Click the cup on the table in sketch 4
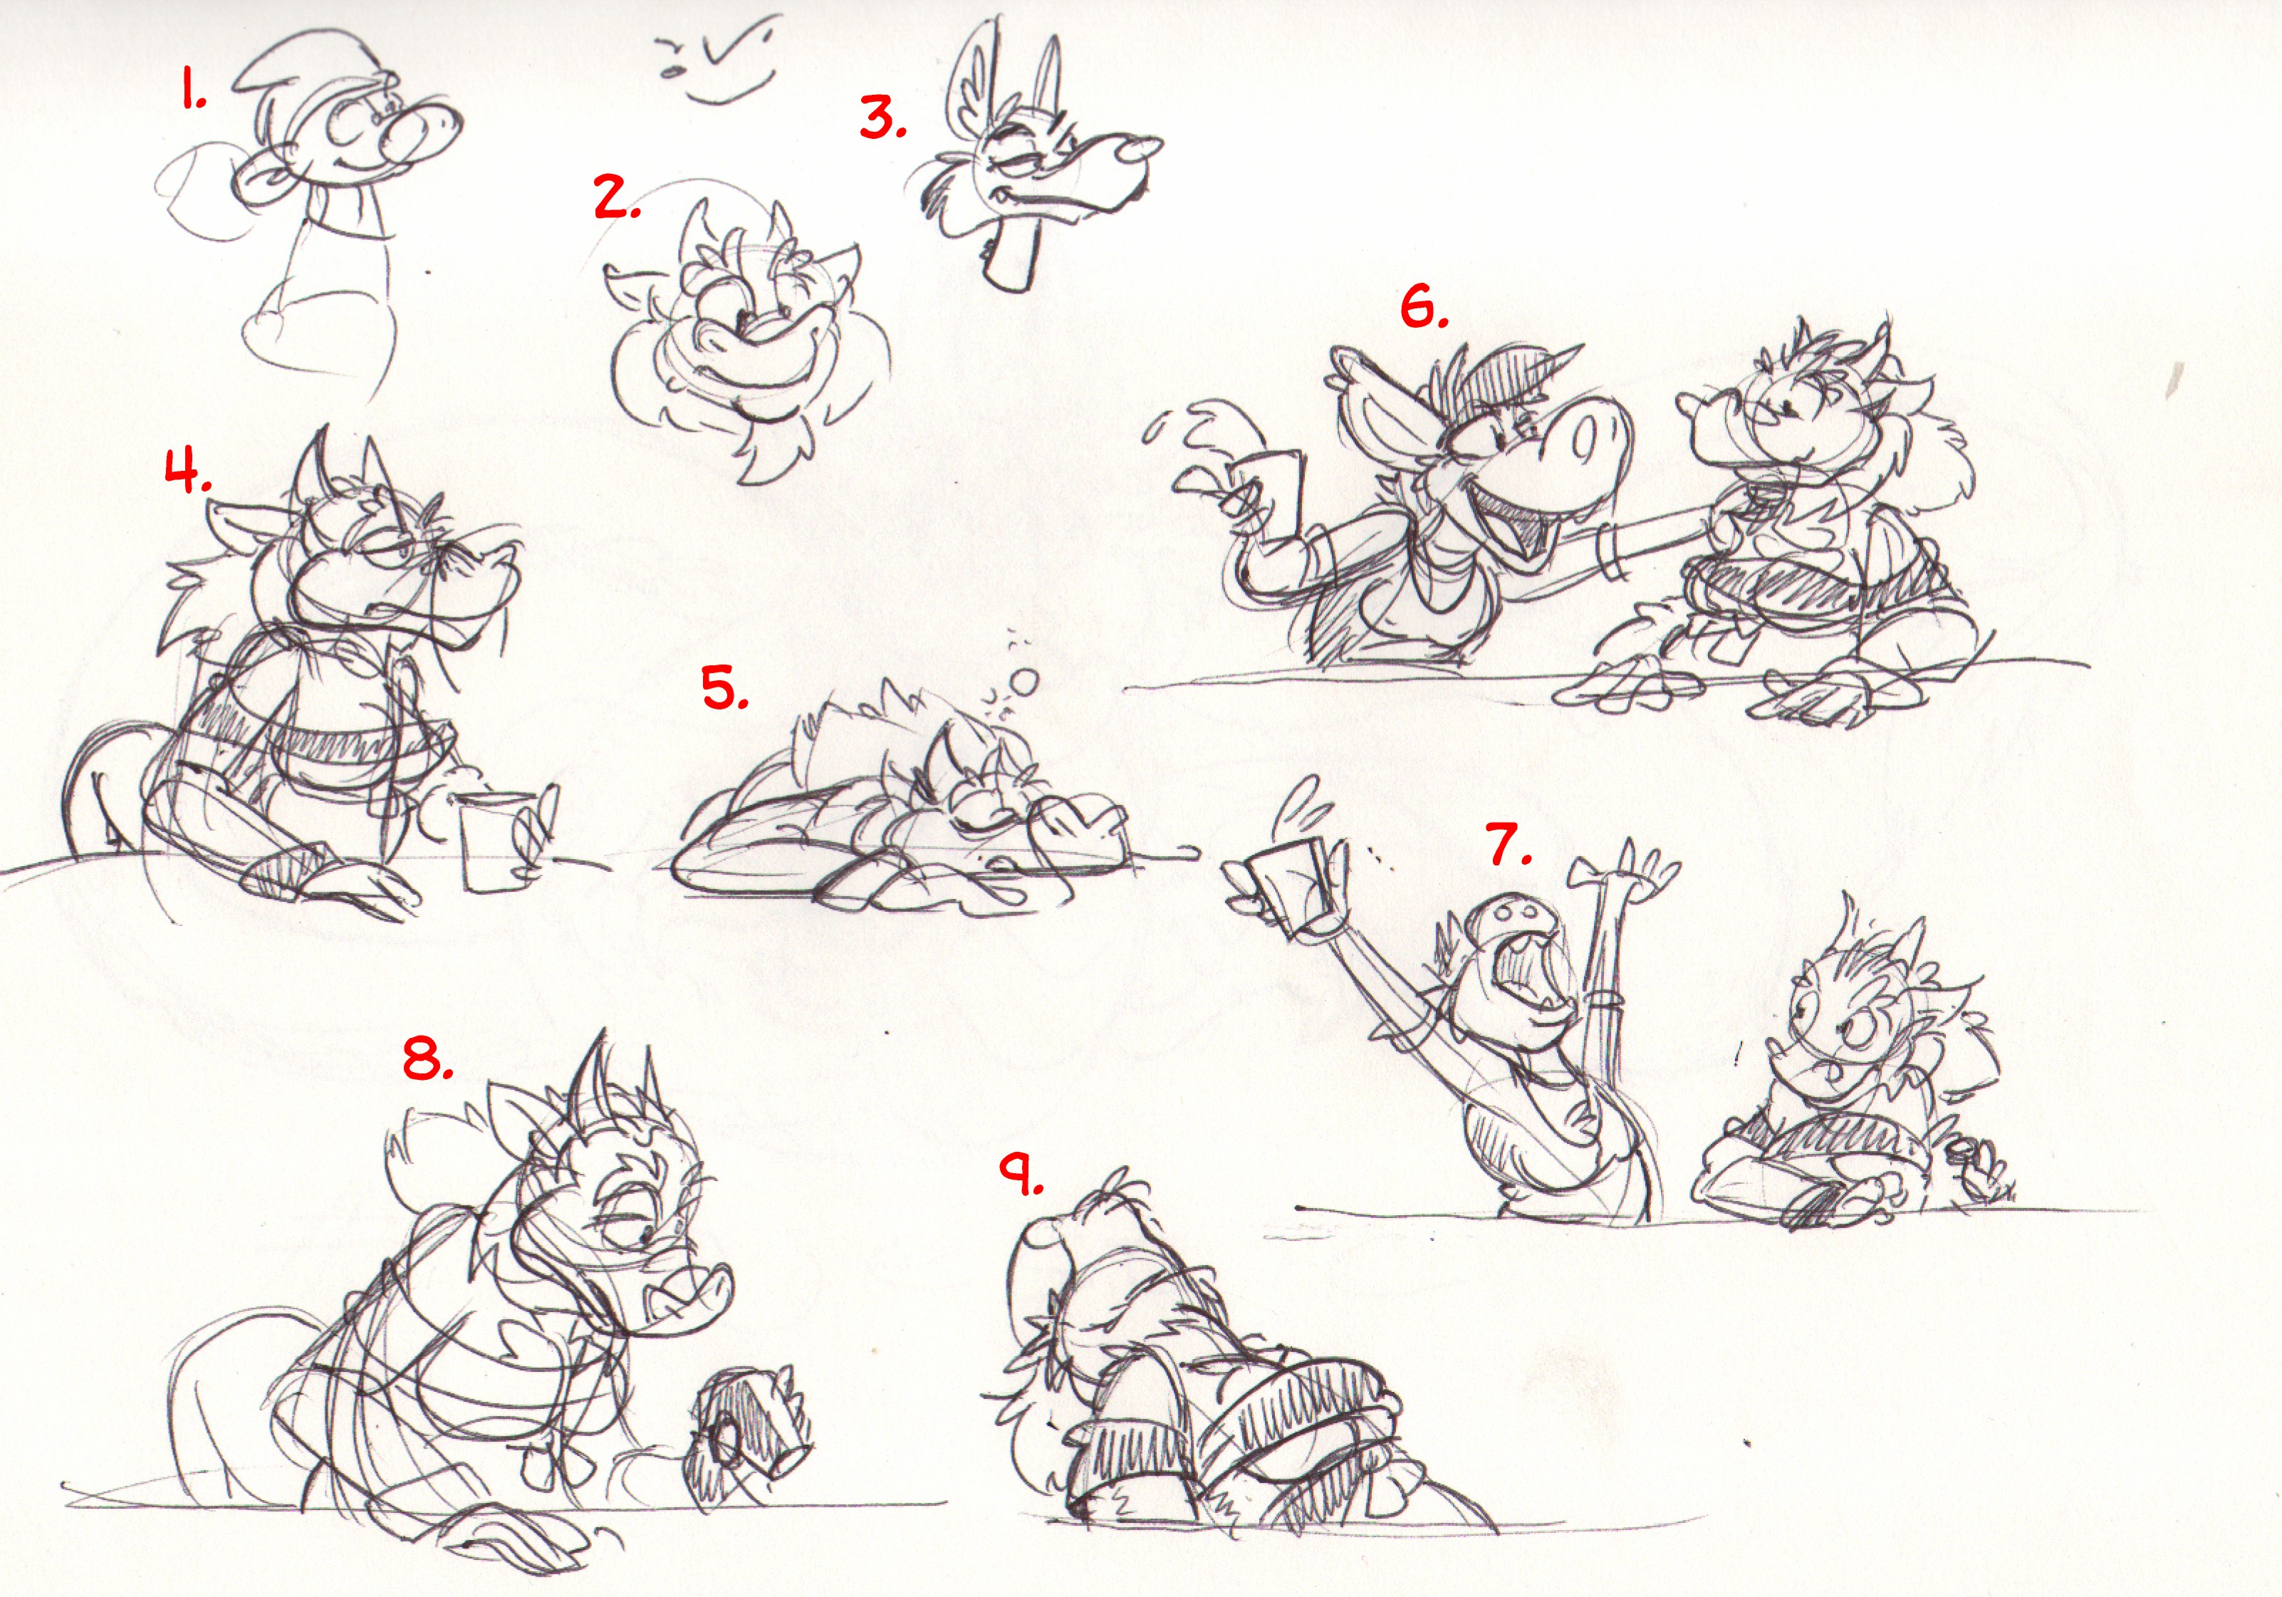(494, 842)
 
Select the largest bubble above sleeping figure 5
(1023, 682)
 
